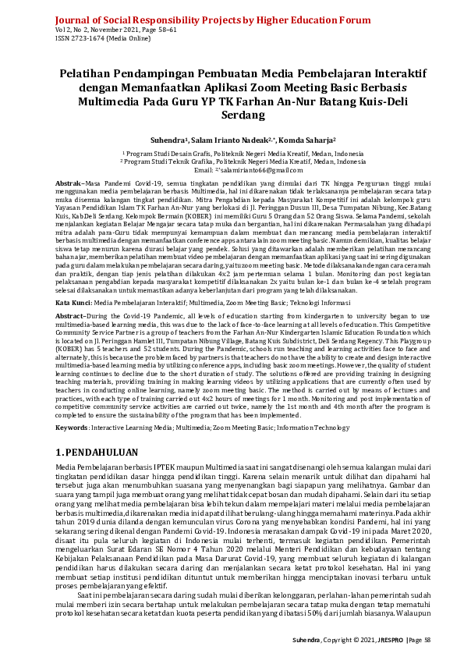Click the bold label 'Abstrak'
coord(69,182)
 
